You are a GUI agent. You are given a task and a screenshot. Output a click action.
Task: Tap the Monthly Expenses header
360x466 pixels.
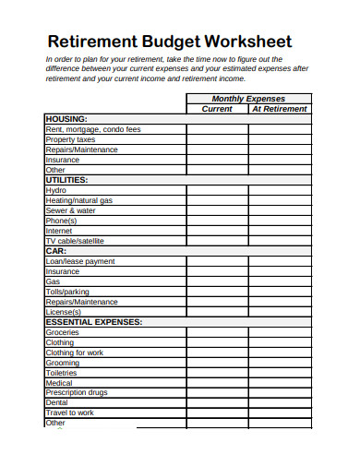248,99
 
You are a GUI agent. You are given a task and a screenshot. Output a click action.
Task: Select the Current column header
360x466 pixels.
217,109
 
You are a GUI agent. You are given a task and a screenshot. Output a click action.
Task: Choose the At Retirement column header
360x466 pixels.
280,109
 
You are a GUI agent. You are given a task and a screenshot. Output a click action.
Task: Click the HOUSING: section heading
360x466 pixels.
66,119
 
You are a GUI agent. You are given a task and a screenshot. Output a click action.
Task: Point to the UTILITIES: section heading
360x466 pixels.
67,180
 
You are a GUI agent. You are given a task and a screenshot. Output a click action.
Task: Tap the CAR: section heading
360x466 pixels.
56,251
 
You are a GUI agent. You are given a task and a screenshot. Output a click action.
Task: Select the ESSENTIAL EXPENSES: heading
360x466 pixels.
93,322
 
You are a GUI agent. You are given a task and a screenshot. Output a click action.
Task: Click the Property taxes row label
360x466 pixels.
71,139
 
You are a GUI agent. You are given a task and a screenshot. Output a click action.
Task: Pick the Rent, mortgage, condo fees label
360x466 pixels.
93,129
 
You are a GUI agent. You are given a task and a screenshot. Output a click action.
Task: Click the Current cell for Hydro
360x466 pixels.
217,190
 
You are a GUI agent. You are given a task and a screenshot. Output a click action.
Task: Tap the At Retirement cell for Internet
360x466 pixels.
280,231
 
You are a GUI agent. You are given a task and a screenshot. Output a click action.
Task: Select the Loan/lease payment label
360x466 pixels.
80,261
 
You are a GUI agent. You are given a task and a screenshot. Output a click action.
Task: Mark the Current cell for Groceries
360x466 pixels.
217,332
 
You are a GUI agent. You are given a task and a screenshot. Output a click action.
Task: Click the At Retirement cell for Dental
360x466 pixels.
280,403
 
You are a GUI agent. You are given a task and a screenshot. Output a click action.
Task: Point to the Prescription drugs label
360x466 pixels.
77,393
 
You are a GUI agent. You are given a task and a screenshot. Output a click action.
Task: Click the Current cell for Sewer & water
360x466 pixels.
217,210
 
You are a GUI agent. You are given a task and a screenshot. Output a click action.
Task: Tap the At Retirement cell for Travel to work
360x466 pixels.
280,413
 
